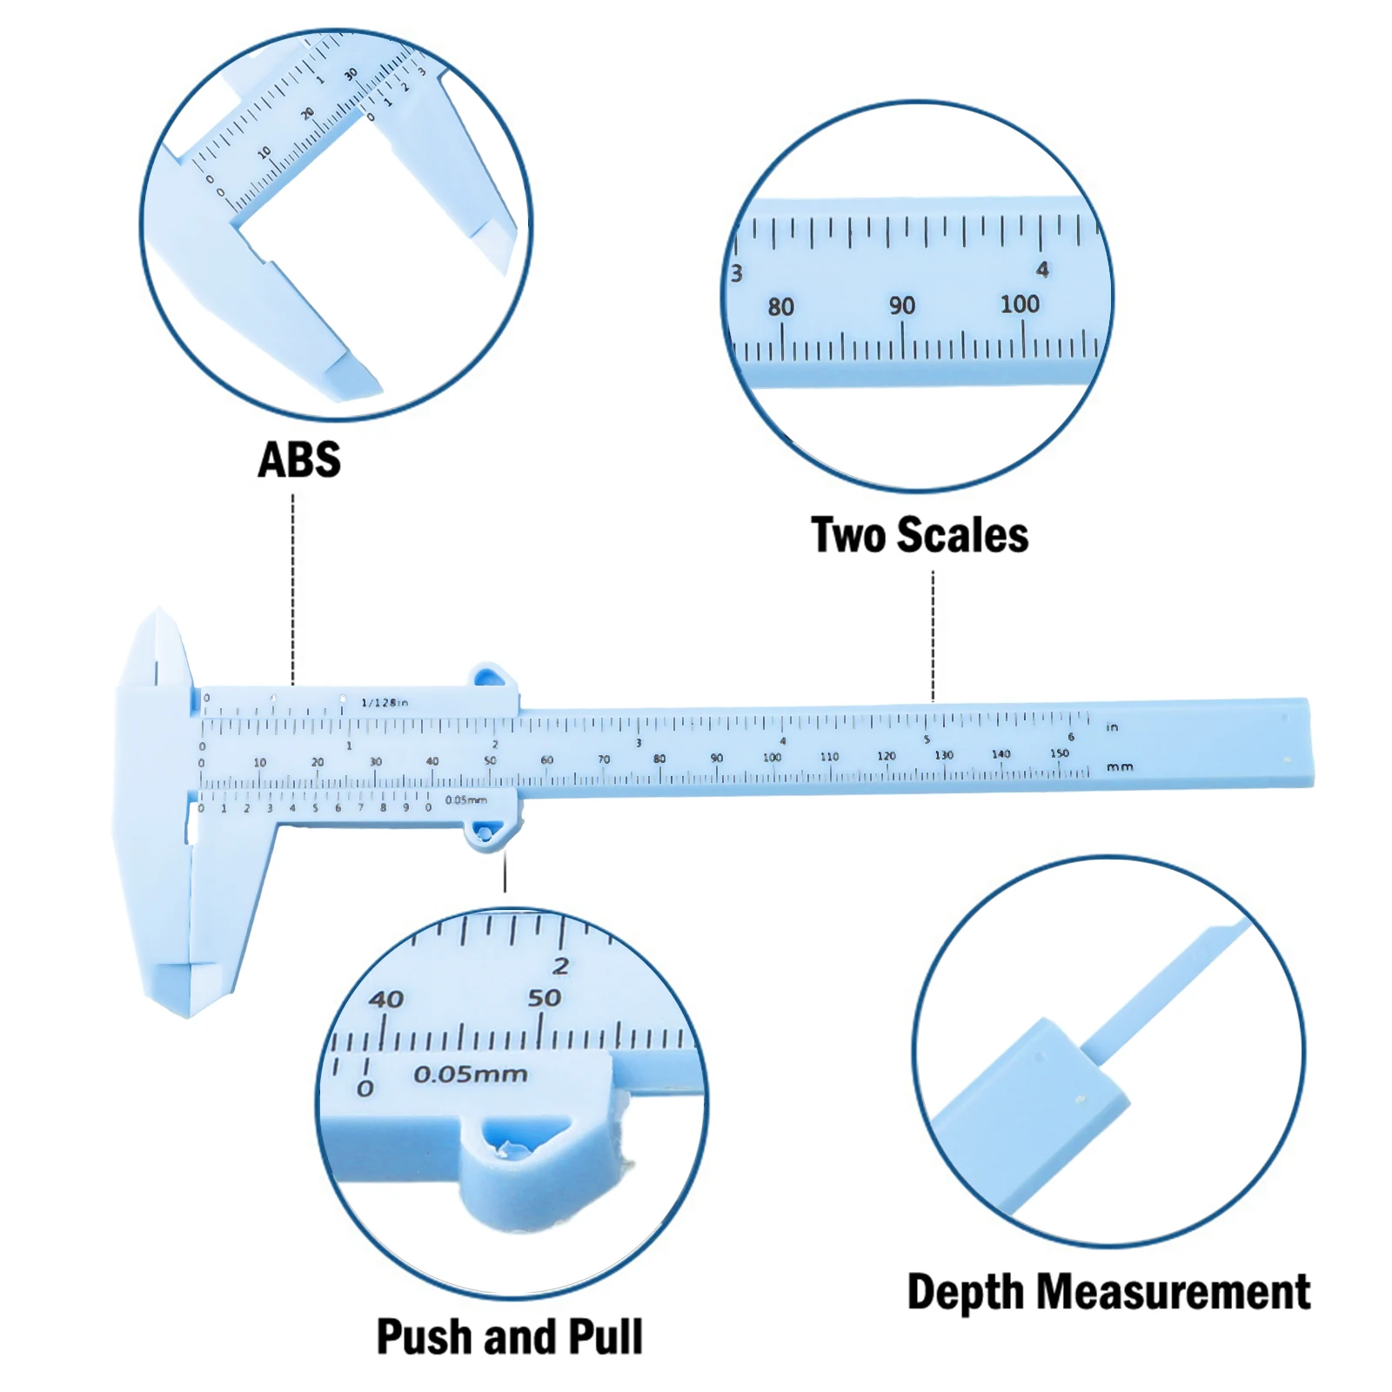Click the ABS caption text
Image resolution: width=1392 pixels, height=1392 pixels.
tap(299, 459)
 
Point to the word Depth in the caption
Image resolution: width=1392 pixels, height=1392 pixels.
tap(965, 1293)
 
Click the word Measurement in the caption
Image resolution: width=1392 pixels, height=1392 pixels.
tap(1172, 1291)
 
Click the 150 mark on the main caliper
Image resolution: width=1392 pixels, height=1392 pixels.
tap(1059, 753)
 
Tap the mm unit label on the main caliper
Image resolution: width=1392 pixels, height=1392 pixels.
tap(1120, 766)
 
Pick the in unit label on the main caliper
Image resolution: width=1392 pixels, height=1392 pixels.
tap(1112, 727)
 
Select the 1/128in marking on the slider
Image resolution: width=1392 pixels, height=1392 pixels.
tap(385, 702)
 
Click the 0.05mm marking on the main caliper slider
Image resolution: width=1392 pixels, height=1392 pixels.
tap(466, 800)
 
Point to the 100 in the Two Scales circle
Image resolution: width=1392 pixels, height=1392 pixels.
tap(1020, 304)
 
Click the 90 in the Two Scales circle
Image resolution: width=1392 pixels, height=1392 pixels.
tap(902, 305)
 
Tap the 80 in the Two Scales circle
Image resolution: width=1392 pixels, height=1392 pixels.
tap(781, 306)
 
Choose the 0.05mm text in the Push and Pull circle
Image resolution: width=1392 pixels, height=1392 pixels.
tap(471, 1074)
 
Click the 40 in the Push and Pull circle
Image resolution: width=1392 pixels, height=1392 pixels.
tap(386, 999)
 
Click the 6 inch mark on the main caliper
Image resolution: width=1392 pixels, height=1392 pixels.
tap(1071, 737)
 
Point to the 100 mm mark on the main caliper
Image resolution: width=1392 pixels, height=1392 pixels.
tap(772, 757)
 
